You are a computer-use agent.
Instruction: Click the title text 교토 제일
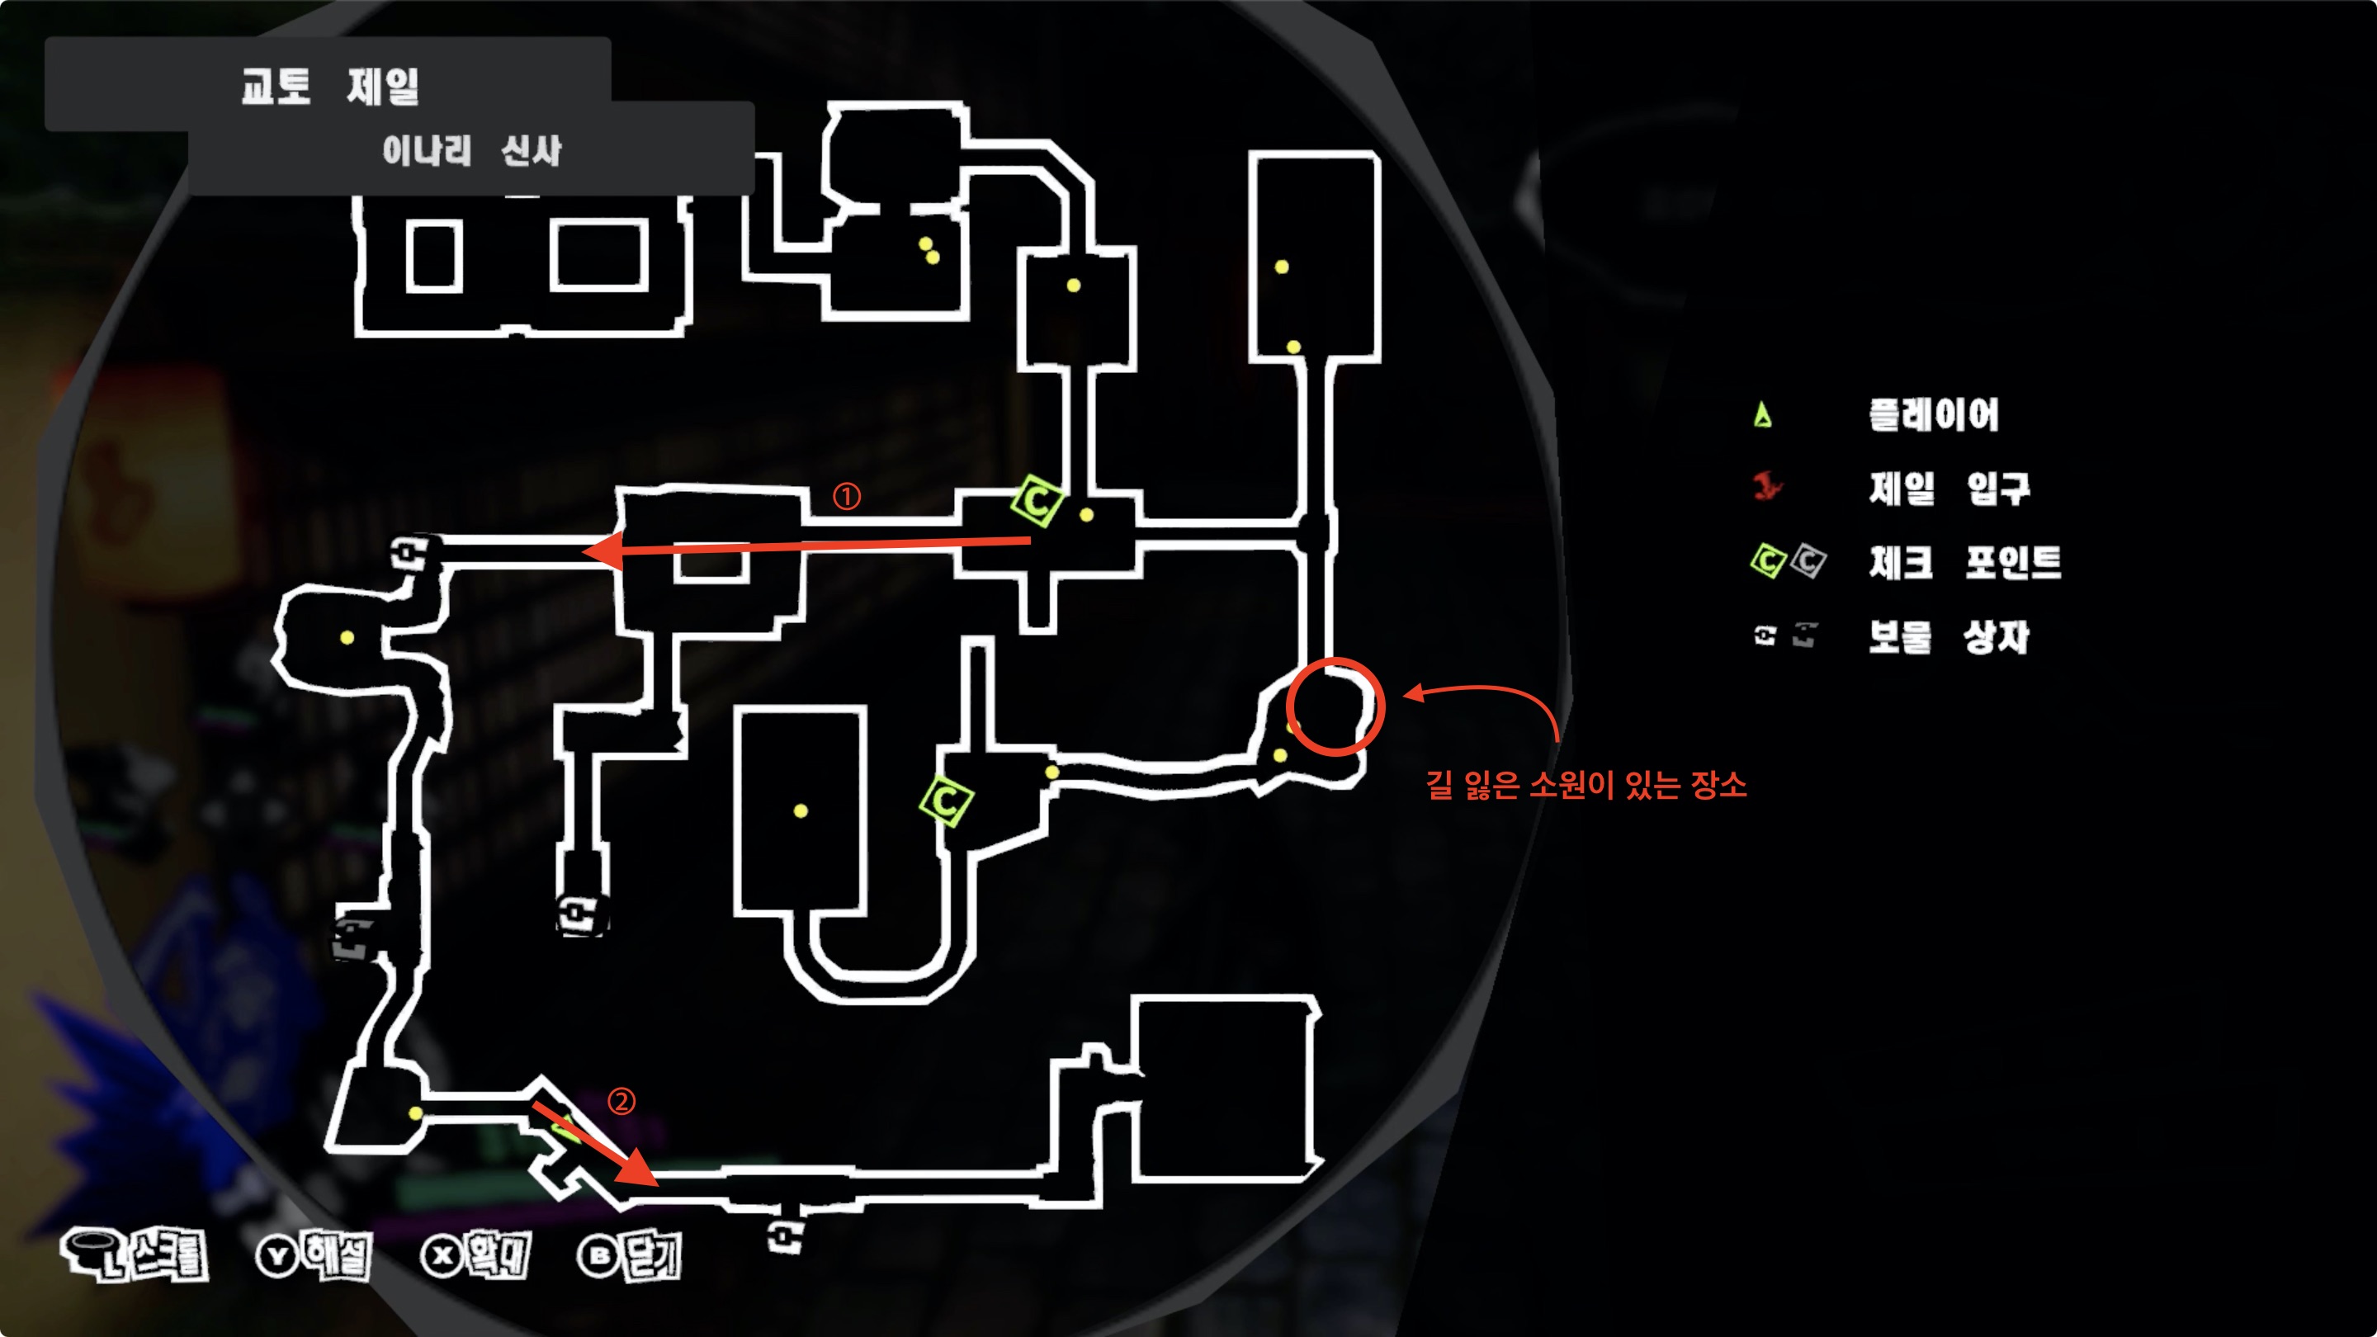click(329, 87)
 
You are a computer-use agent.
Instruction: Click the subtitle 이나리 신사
click(471, 150)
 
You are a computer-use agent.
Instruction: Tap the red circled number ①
click(846, 496)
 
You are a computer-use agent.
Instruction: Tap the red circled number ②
click(621, 1101)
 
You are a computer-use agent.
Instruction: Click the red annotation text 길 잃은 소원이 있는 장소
click(1585, 785)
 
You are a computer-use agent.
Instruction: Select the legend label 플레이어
click(1933, 415)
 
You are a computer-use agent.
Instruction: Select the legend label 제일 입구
click(1949, 488)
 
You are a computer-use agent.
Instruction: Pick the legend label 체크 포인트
click(1964, 562)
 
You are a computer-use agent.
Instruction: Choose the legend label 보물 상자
click(1948, 636)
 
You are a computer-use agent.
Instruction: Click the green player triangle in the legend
click(1762, 415)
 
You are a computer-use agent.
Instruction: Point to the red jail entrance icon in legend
click(1766, 485)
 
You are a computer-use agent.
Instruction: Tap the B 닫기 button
click(629, 1254)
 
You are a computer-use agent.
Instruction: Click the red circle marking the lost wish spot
click(1335, 706)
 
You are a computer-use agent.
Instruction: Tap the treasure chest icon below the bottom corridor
click(785, 1235)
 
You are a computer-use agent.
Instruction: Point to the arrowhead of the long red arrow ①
click(591, 552)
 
